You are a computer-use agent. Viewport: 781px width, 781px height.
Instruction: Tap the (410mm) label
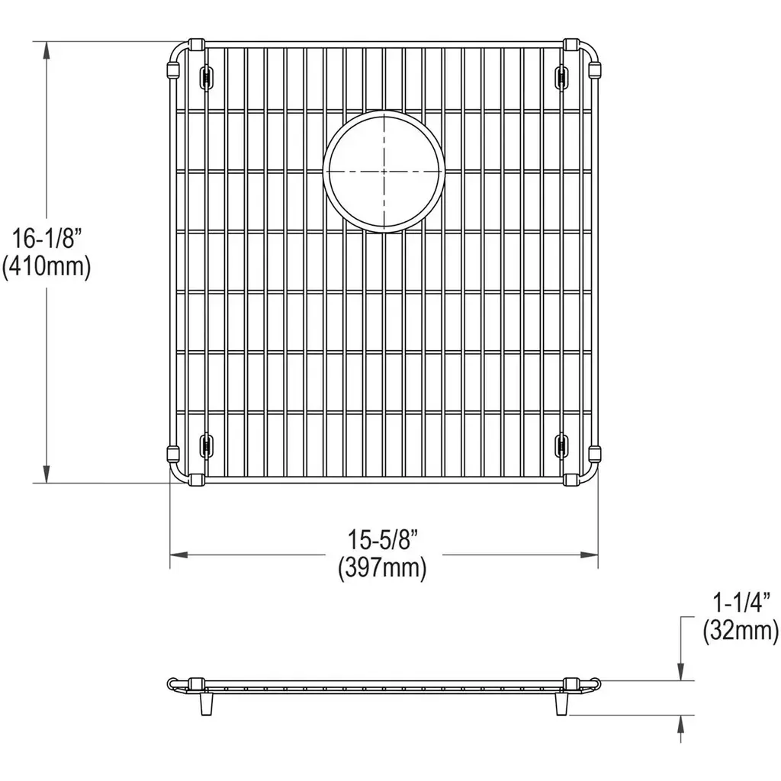click(47, 268)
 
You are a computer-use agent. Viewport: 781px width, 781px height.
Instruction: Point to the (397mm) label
click(382, 567)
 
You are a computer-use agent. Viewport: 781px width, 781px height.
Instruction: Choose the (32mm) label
click(741, 631)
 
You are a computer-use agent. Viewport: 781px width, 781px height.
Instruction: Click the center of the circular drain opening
click(384, 172)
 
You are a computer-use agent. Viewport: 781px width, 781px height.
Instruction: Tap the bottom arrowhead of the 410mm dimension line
click(47, 473)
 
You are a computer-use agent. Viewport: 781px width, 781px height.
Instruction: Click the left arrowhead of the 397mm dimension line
click(179, 554)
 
